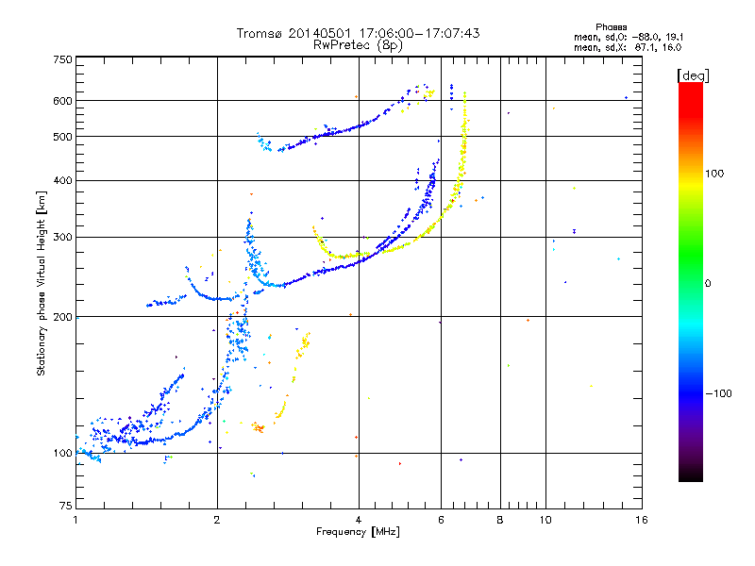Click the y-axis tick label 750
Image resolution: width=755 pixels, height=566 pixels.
(62, 59)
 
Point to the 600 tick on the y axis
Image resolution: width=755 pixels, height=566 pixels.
(62, 101)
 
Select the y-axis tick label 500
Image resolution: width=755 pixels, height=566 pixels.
(62, 137)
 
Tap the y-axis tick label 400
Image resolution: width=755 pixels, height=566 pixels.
(62, 180)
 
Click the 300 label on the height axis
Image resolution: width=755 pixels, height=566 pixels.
(62, 238)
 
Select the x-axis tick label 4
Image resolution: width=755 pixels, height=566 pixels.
(359, 520)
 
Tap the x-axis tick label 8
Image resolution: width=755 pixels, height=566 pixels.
(500, 520)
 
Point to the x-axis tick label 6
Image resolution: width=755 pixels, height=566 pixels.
(441, 520)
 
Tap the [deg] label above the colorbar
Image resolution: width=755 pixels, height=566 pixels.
(694, 75)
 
